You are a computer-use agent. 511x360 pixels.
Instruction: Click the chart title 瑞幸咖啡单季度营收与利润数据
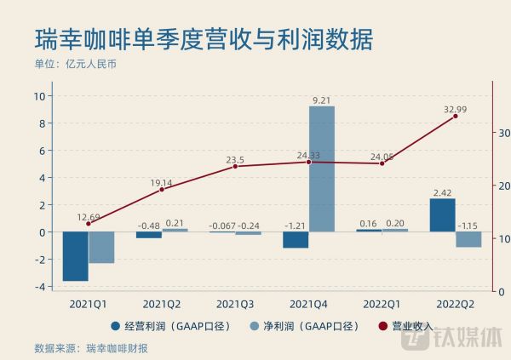tap(204, 39)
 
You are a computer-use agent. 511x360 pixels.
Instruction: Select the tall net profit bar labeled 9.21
tap(321, 169)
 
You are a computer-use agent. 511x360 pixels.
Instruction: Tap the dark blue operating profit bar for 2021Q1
tap(75, 256)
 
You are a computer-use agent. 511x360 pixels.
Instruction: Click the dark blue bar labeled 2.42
tap(442, 215)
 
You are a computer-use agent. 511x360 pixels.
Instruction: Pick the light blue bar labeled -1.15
tap(468, 239)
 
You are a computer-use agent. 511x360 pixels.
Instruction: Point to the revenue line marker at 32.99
tap(455, 117)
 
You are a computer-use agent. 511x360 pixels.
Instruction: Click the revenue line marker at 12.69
tap(88, 224)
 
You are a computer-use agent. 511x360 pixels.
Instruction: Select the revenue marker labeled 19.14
tap(162, 189)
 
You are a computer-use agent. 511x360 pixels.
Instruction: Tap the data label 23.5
tap(235, 159)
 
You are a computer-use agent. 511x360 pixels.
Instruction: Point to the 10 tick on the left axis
tap(39, 96)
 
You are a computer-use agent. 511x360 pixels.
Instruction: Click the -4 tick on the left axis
tap(39, 287)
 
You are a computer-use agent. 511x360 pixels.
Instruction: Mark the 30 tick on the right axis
tap(504, 133)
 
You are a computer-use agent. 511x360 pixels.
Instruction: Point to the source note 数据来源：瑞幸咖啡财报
tap(91, 347)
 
